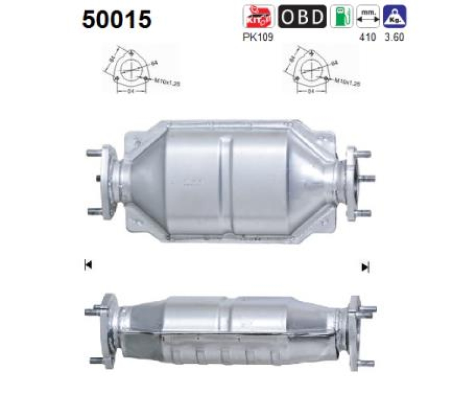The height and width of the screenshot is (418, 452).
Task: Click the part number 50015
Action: tap(117, 19)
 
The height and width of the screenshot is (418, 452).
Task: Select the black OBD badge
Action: tap(302, 17)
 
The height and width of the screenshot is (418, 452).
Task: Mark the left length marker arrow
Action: tap(88, 265)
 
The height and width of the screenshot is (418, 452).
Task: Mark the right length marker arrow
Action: tap(365, 266)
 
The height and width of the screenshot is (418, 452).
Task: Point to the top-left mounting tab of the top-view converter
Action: tap(136, 139)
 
